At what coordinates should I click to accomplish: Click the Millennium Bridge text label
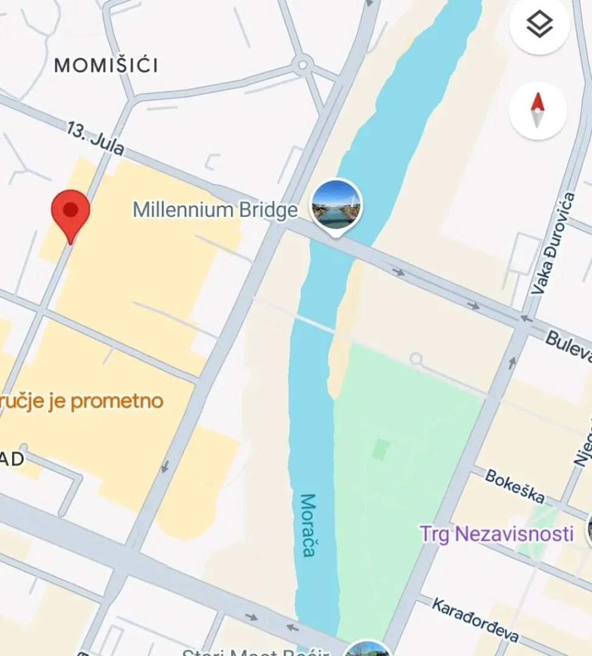(x=215, y=210)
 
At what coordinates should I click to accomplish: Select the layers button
(x=539, y=25)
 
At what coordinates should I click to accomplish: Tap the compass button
(x=538, y=111)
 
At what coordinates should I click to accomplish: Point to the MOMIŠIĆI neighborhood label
(x=106, y=66)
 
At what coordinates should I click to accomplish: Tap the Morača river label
(x=309, y=525)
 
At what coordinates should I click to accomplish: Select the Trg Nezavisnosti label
(x=497, y=534)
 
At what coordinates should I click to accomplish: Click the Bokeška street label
(x=514, y=486)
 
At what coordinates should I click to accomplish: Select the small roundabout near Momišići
(x=302, y=64)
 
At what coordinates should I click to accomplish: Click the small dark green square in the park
(x=381, y=449)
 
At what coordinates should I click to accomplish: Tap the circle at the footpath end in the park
(x=416, y=359)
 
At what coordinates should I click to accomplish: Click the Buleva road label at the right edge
(x=568, y=346)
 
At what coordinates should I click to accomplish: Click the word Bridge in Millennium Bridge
(x=268, y=210)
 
